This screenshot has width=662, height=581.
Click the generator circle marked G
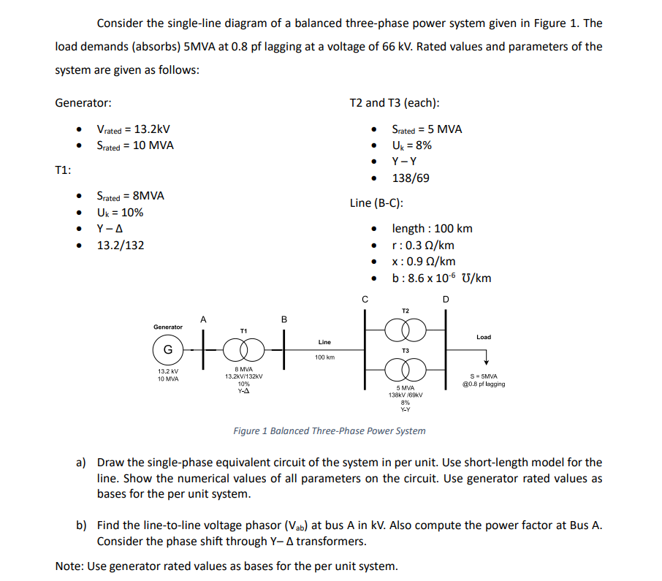tap(167, 349)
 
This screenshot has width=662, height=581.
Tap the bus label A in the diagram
tap(204, 319)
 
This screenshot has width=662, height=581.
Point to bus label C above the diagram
tap(365, 298)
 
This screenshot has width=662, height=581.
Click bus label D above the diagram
tap(446, 298)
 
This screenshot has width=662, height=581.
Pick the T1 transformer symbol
tap(243, 350)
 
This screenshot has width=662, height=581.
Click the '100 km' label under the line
tap(324, 357)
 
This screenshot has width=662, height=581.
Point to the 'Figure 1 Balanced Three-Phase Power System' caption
tap(329, 430)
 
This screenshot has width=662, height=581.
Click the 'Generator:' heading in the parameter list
tap(83, 103)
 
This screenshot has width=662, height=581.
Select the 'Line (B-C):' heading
tap(376, 203)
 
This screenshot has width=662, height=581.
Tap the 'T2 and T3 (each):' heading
tap(395, 103)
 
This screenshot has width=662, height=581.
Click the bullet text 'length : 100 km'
tap(432, 229)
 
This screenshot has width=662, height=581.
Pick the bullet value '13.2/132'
tap(121, 245)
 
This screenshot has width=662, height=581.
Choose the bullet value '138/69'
tap(411, 178)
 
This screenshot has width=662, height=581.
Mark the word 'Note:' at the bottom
tap(69, 566)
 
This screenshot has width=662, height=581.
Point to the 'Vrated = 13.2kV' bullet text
tap(133, 129)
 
